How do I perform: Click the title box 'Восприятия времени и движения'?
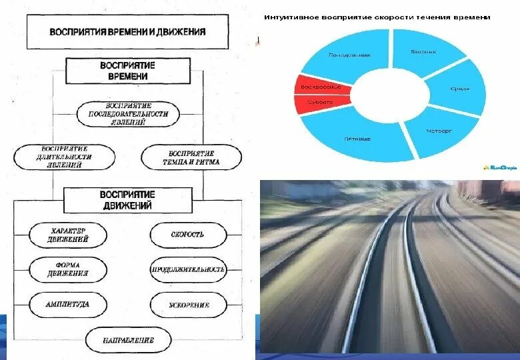[127, 31]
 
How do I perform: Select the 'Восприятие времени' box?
[127, 71]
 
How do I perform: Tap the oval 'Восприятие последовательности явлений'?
[128, 113]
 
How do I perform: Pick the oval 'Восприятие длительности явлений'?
[65, 157]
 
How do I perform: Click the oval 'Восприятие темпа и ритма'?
[190, 157]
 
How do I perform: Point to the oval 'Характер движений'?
[68, 235]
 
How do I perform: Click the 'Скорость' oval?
[188, 235]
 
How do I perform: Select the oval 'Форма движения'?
[68, 270]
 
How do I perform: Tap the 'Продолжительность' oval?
[188, 270]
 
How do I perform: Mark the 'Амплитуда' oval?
[68, 305]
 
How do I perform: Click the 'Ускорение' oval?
[188, 305]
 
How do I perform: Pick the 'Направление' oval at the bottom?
[128, 341]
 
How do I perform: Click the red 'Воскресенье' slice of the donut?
[318, 87]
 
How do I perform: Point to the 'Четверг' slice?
[439, 131]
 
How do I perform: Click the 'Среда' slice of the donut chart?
[459, 88]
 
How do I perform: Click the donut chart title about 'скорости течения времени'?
[377, 17]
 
